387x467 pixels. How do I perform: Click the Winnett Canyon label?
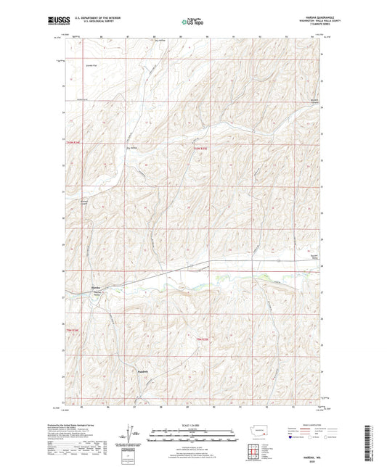(310, 102)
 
